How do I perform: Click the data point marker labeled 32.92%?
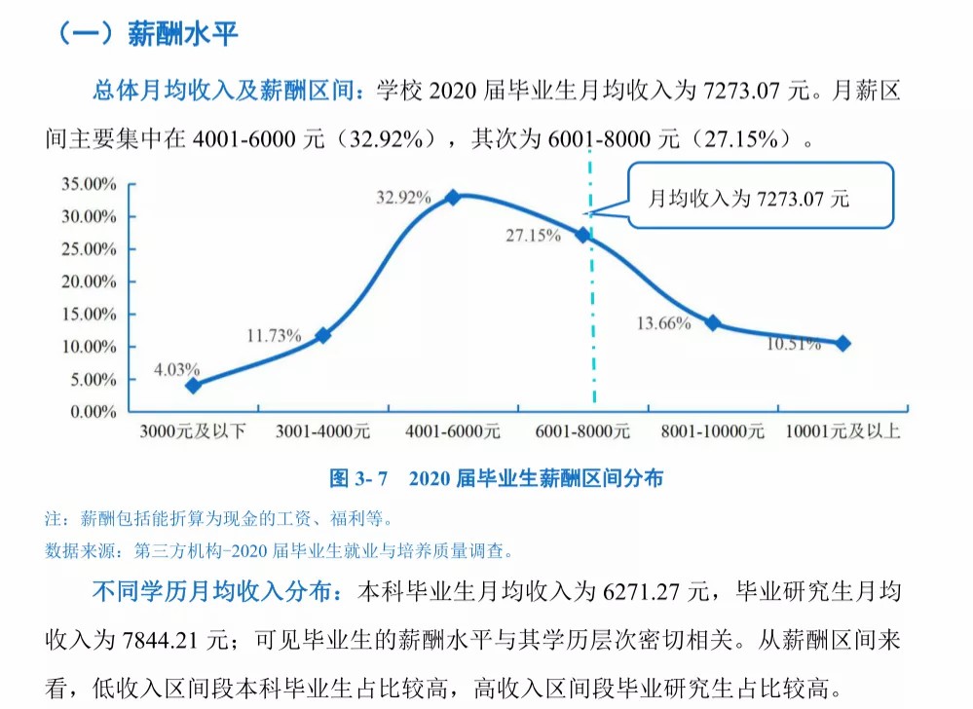(x=453, y=198)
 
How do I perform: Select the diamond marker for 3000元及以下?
(x=193, y=386)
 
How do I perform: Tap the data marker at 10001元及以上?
(x=842, y=343)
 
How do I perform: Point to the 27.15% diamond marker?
(x=582, y=235)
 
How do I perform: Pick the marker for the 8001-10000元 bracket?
(x=713, y=323)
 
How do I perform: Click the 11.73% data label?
(x=274, y=336)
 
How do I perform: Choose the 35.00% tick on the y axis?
(x=89, y=183)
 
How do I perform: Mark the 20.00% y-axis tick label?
(x=89, y=281)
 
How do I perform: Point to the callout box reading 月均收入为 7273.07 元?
(x=760, y=197)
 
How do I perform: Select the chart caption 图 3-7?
(x=359, y=478)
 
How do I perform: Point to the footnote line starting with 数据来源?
(x=279, y=551)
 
